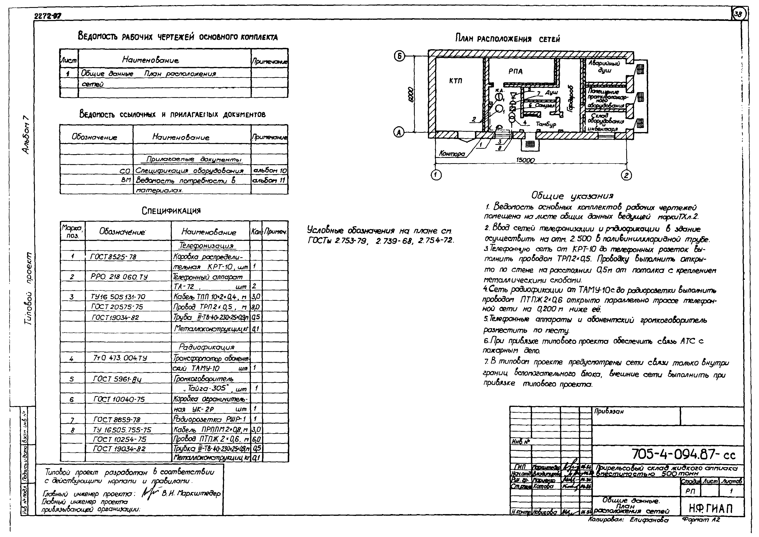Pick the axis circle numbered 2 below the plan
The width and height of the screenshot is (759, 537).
point(626,175)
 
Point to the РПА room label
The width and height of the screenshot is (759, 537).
point(515,71)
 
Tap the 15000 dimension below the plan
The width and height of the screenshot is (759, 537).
point(525,160)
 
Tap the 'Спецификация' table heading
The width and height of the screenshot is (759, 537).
point(171,211)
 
